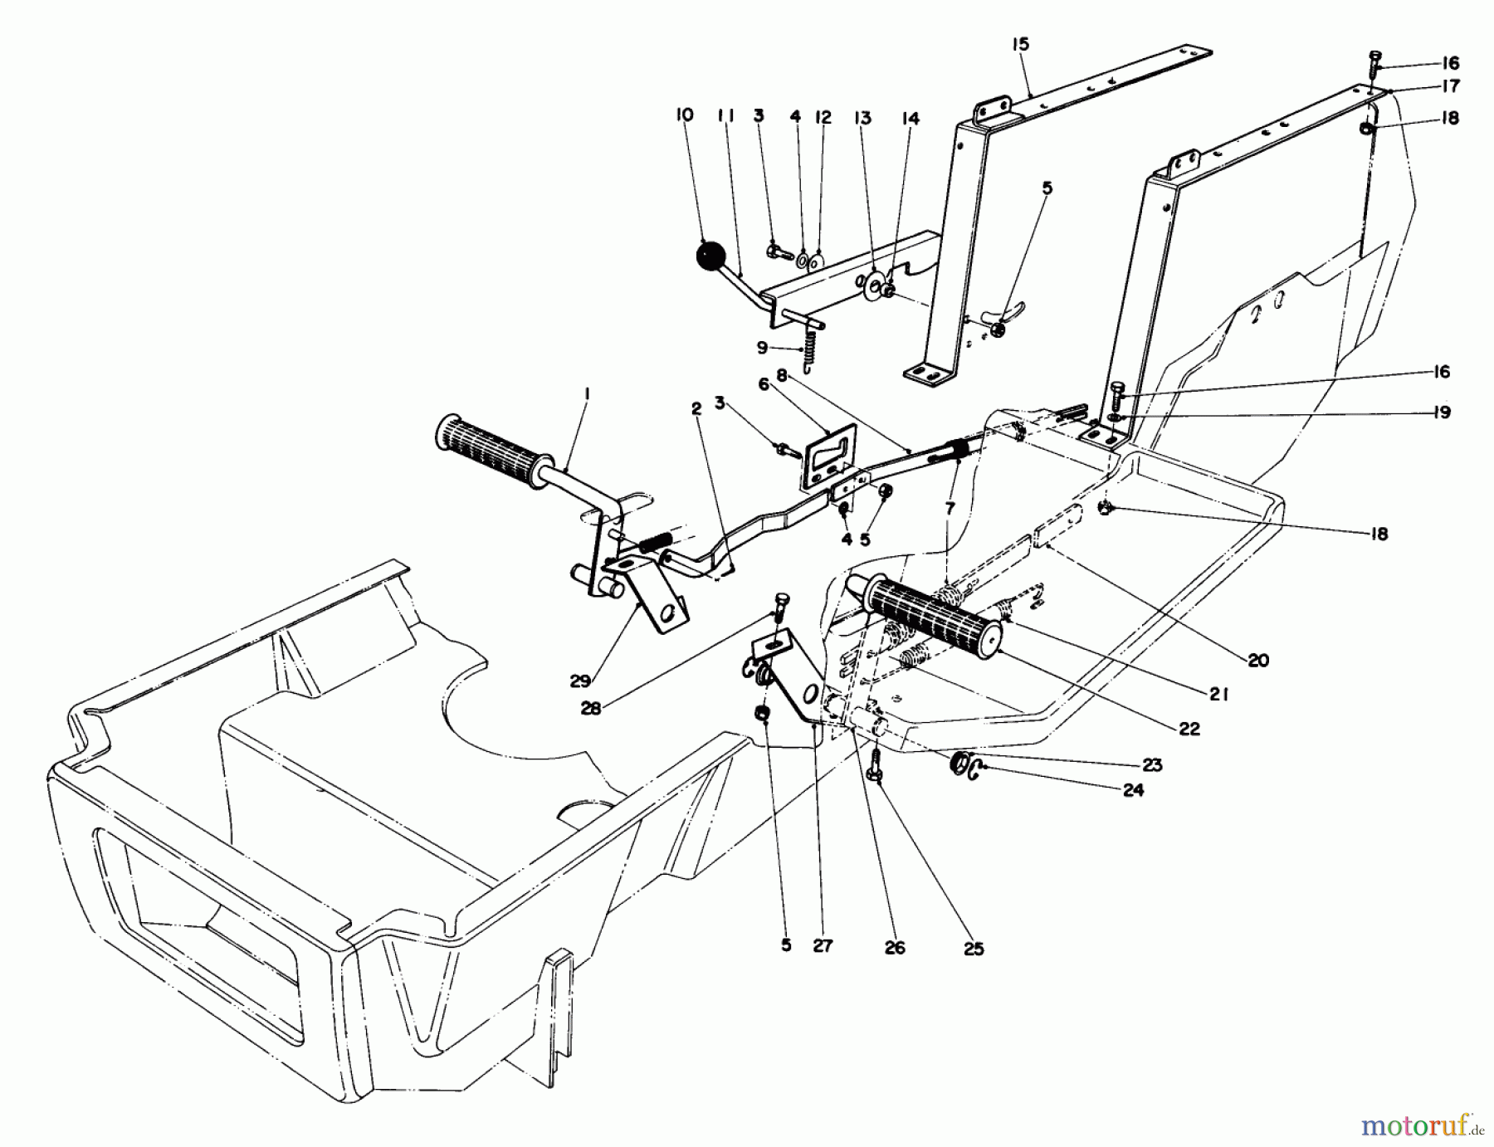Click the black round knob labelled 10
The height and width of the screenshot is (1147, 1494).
pyautogui.click(x=710, y=255)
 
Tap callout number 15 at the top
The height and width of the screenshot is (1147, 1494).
pyautogui.click(x=1021, y=45)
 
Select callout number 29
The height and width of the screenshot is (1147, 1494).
pyautogui.click(x=580, y=681)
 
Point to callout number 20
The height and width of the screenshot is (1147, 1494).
pyautogui.click(x=1258, y=661)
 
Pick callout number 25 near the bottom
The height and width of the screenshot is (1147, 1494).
pyautogui.click(x=974, y=948)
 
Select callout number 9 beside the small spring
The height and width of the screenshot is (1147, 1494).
pyautogui.click(x=762, y=348)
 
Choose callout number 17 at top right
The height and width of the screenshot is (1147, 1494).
pyautogui.click(x=1450, y=86)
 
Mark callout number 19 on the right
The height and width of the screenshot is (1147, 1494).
pyautogui.click(x=1442, y=412)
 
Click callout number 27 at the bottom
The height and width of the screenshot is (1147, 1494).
pyautogui.click(x=823, y=945)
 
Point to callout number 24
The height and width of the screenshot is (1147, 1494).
pyautogui.click(x=1133, y=790)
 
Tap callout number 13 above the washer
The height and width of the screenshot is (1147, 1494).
pyautogui.click(x=862, y=118)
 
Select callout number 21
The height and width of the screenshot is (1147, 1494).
pyautogui.click(x=1218, y=696)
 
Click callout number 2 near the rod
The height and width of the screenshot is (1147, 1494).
pyautogui.click(x=696, y=408)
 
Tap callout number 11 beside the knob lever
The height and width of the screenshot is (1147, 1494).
pyautogui.click(x=726, y=118)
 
